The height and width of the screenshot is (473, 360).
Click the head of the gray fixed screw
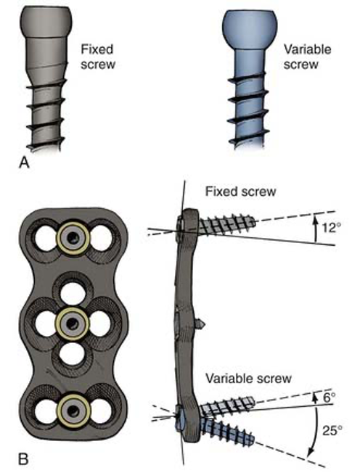click(46, 20)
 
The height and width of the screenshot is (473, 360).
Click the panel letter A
click(24, 163)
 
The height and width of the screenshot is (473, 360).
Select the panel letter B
click(23, 459)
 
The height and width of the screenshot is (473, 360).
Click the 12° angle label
click(328, 228)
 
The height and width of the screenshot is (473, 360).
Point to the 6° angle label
click(330, 398)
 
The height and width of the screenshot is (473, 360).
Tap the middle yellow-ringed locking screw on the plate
click(72, 324)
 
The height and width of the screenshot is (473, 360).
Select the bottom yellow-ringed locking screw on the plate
click(73, 411)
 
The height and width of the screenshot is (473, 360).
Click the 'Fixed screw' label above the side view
click(240, 192)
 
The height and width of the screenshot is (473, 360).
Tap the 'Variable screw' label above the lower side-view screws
click(248, 378)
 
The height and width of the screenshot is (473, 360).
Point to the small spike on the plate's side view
click(201, 324)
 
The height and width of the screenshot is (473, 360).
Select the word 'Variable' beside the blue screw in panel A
click(307, 49)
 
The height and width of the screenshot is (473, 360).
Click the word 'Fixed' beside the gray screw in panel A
click(97, 49)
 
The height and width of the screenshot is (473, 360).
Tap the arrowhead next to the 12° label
click(315, 218)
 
